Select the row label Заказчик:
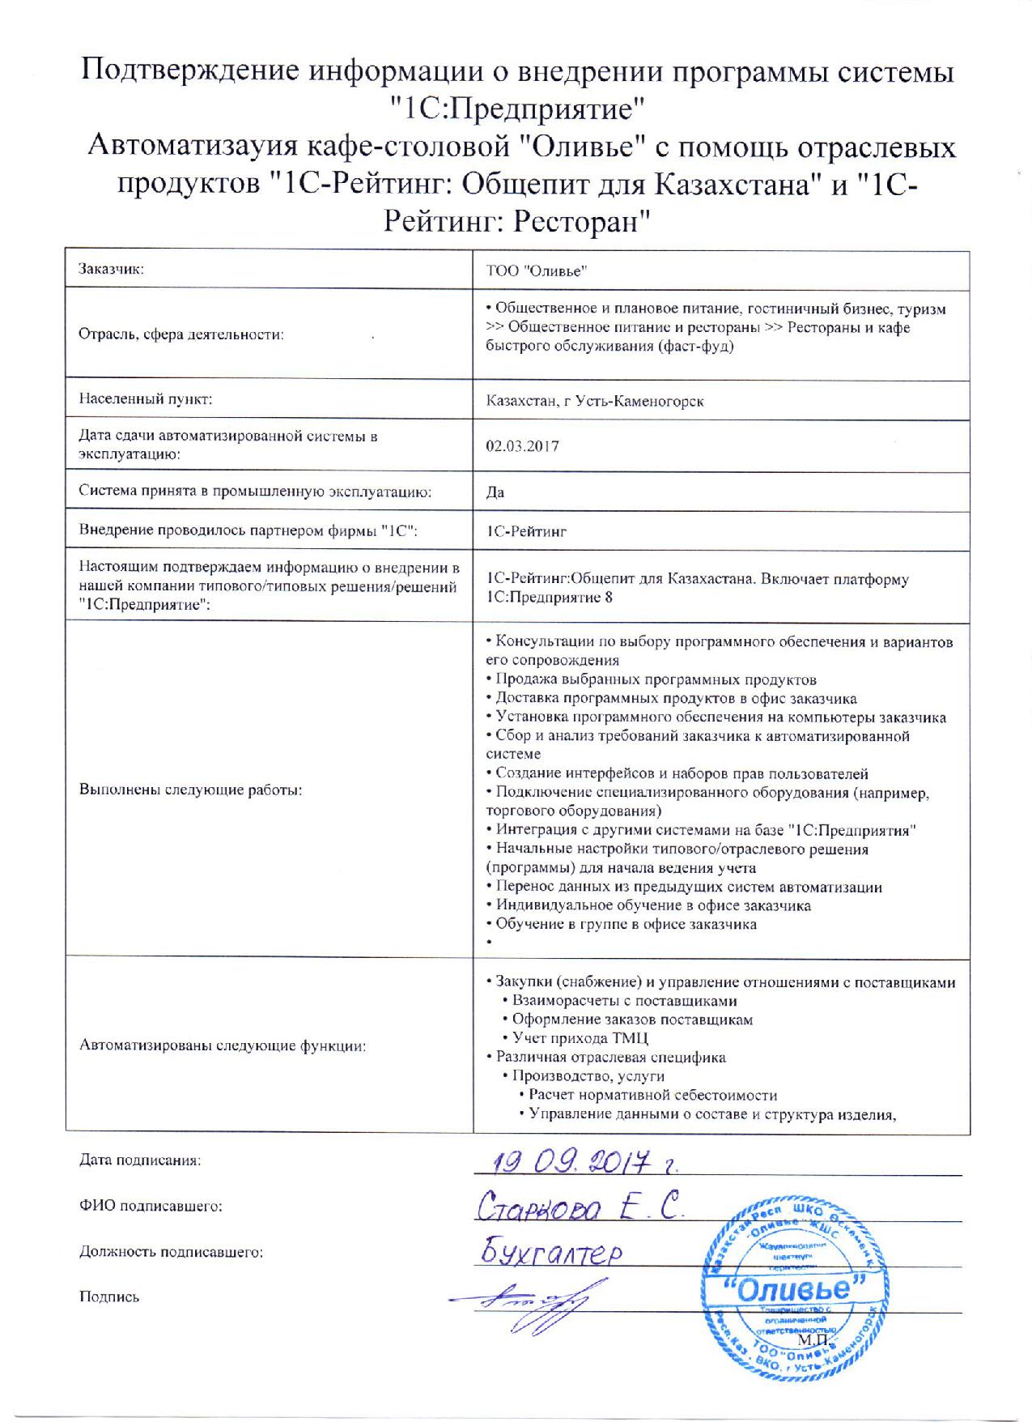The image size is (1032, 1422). [111, 270]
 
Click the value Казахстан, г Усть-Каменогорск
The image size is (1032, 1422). [595, 401]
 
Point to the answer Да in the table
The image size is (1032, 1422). [495, 492]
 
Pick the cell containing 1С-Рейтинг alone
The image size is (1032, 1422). [526, 532]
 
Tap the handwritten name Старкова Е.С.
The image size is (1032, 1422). [579, 1208]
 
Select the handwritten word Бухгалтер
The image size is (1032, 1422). [554, 1253]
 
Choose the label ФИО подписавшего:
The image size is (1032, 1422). [151, 1207]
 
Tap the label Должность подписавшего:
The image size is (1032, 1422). [171, 1252]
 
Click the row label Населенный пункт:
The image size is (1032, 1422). [145, 399]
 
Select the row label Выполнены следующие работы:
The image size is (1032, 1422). [190, 790]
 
